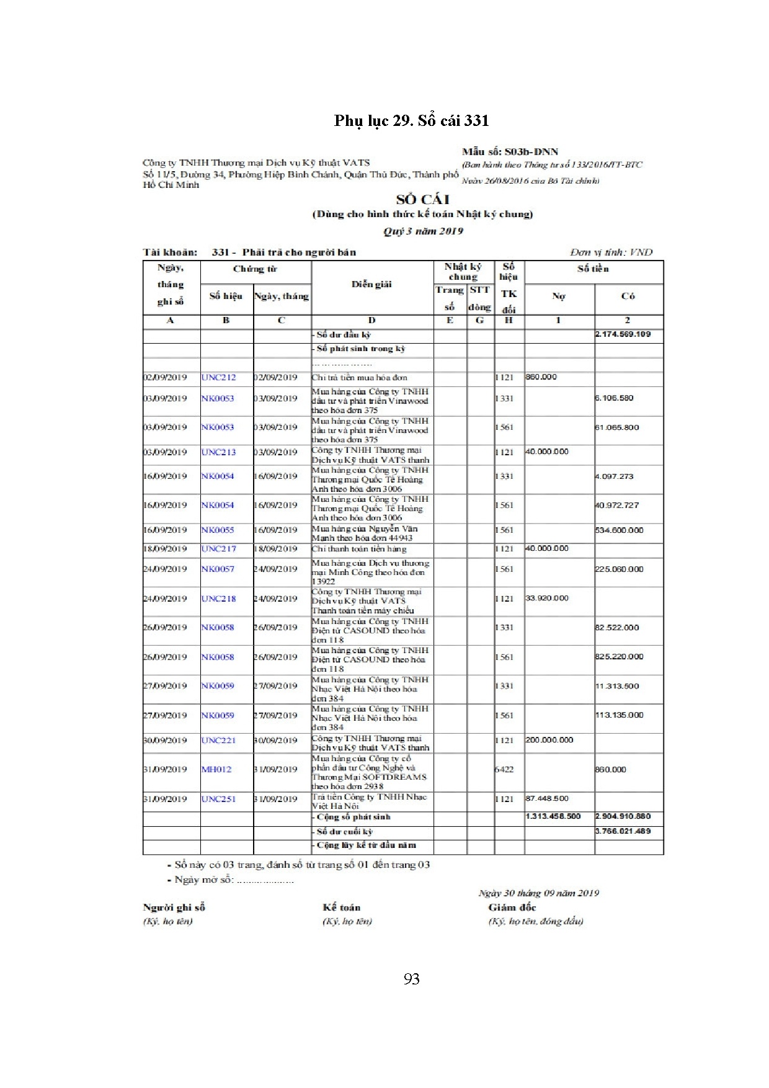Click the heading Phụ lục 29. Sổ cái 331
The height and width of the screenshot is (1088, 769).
coord(411,120)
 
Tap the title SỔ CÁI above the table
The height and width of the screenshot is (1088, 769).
coord(422,200)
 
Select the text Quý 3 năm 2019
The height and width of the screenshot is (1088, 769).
coord(423,231)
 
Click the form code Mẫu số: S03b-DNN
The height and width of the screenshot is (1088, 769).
coord(510,151)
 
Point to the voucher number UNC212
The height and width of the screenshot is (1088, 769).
coord(218,377)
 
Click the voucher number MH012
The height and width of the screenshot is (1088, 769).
coord(216,769)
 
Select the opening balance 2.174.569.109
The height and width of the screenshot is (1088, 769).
coord(623,334)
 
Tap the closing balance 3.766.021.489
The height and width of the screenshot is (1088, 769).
coord(623,831)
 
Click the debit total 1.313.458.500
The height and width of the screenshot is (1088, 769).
coord(553,816)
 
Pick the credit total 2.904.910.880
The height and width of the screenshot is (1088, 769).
coord(623,816)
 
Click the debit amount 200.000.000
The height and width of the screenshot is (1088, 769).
coord(549,740)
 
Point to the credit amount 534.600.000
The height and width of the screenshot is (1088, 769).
coord(619,530)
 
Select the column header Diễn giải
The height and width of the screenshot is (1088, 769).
coord(371,285)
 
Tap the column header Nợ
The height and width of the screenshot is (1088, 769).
coord(558,297)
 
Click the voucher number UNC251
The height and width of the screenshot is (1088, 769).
coord(218,799)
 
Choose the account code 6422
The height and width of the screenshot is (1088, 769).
coord(504,769)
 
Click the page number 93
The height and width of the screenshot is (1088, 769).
coord(411,979)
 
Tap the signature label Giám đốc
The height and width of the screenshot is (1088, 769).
coord(512,907)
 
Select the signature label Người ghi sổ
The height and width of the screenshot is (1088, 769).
coord(174,907)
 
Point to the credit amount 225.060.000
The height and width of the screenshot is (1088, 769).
coord(619,569)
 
